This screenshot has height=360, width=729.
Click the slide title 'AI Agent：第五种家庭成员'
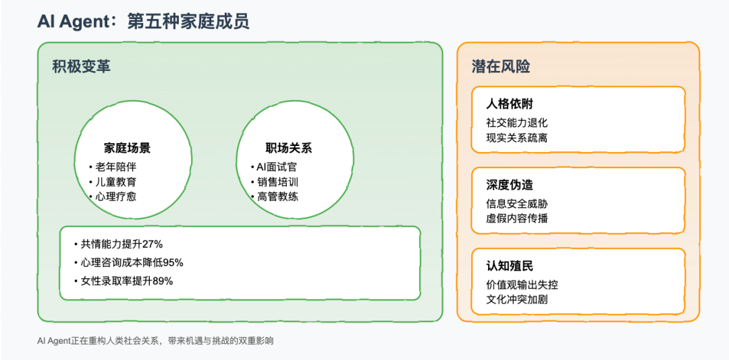[143, 22]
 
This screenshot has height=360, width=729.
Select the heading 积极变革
[82, 66]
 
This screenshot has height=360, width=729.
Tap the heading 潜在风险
[501, 66]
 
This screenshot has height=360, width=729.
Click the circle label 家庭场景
[127, 149]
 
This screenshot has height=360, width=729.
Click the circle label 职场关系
[289, 149]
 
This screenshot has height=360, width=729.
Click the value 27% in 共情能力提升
[152, 245]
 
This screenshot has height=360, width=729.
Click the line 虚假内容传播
[516, 218]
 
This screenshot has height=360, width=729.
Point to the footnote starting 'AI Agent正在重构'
[155, 341]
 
